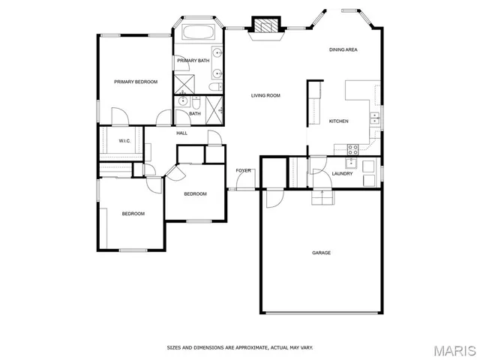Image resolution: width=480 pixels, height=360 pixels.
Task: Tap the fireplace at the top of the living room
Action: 263,25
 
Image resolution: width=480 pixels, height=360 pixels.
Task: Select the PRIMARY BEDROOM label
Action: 136,82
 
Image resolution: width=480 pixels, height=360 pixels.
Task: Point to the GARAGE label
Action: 321,253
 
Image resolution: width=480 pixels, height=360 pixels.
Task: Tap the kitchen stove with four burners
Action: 351,162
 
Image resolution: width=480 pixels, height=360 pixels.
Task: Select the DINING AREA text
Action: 343,49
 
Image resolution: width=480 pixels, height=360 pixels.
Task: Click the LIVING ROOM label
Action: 265,95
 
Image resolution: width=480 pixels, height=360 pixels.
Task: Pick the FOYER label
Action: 243,170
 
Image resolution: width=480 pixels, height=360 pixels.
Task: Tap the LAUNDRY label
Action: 342,174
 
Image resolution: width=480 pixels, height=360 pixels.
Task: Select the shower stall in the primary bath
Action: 184,82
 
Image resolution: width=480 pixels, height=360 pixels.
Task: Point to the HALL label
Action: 181,133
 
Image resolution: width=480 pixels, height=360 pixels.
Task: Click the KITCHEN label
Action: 338,121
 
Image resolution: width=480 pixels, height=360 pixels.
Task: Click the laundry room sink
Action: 369,166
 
